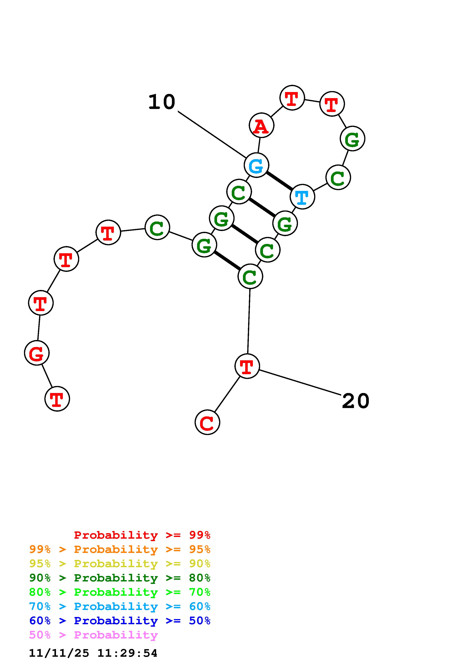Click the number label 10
coord(162,102)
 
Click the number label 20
coord(355,401)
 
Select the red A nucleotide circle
coord(261,125)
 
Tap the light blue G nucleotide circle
coord(256,165)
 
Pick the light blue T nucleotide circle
coord(302,197)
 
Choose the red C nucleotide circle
coord(207,422)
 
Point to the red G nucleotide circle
coord(37,353)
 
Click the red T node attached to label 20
coord(247,366)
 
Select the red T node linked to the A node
coord(292,98)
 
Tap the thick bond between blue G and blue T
coord(279,181)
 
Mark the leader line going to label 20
coord(299,382)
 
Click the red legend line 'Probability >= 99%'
coord(142,535)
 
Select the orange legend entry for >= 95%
coord(120,549)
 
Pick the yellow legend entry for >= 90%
coord(120,564)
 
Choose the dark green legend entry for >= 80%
coord(120,578)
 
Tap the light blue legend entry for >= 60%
coord(120,606)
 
